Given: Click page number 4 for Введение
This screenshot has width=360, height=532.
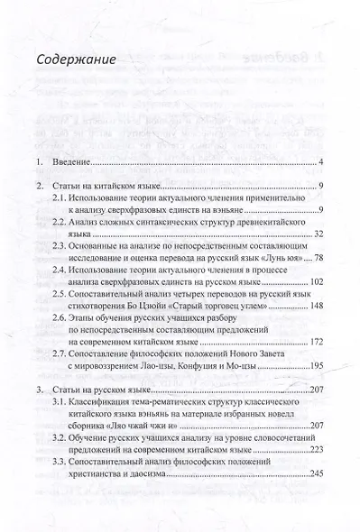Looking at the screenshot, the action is pyautogui.click(x=322, y=164).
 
